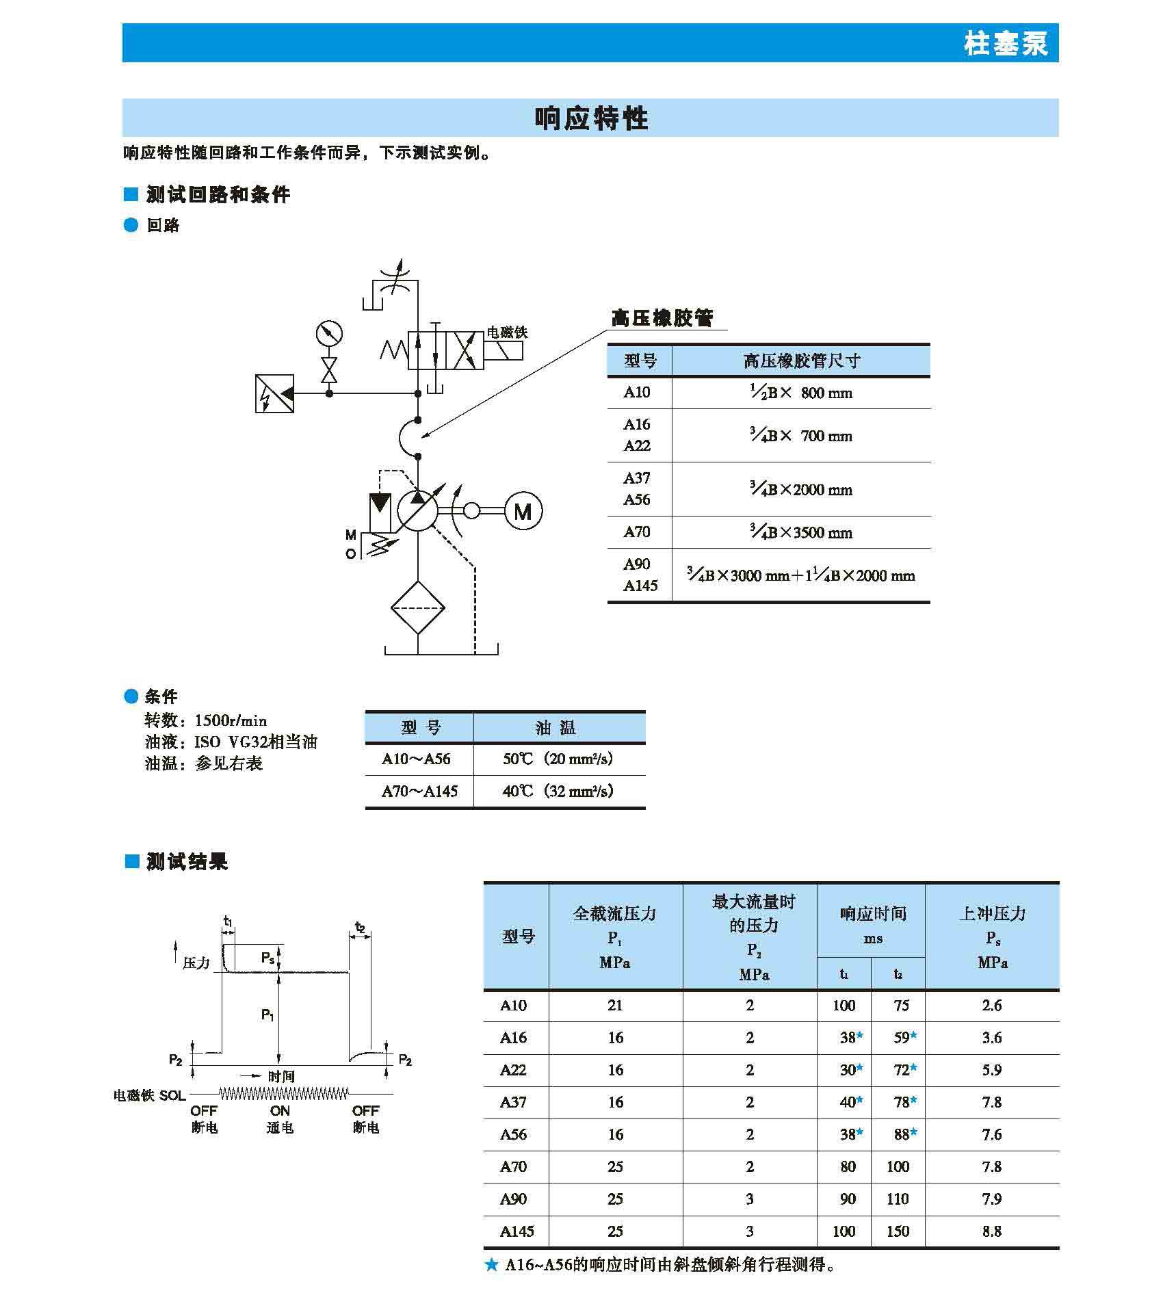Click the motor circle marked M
click(523, 511)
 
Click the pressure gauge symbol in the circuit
click(329, 334)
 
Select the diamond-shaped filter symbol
click(417, 607)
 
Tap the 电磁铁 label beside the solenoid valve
click(506, 332)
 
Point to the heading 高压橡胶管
click(662, 318)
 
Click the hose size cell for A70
click(801, 532)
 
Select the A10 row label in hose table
click(637, 393)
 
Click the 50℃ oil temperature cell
click(558, 759)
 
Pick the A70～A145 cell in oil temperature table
click(419, 792)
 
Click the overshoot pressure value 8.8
click(991, 1231)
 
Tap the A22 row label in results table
click(513, 1070)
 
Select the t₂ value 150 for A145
click(898, 1231)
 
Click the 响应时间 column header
click(872, 914)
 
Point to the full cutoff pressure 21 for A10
click(615, 1005)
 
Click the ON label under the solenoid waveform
click(280, 1111)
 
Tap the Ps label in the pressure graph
click(268, 958)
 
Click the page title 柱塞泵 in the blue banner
click(1006, 43)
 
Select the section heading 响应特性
click(590, 118)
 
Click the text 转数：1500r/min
click(205, 720)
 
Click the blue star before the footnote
click(491, 1265)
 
